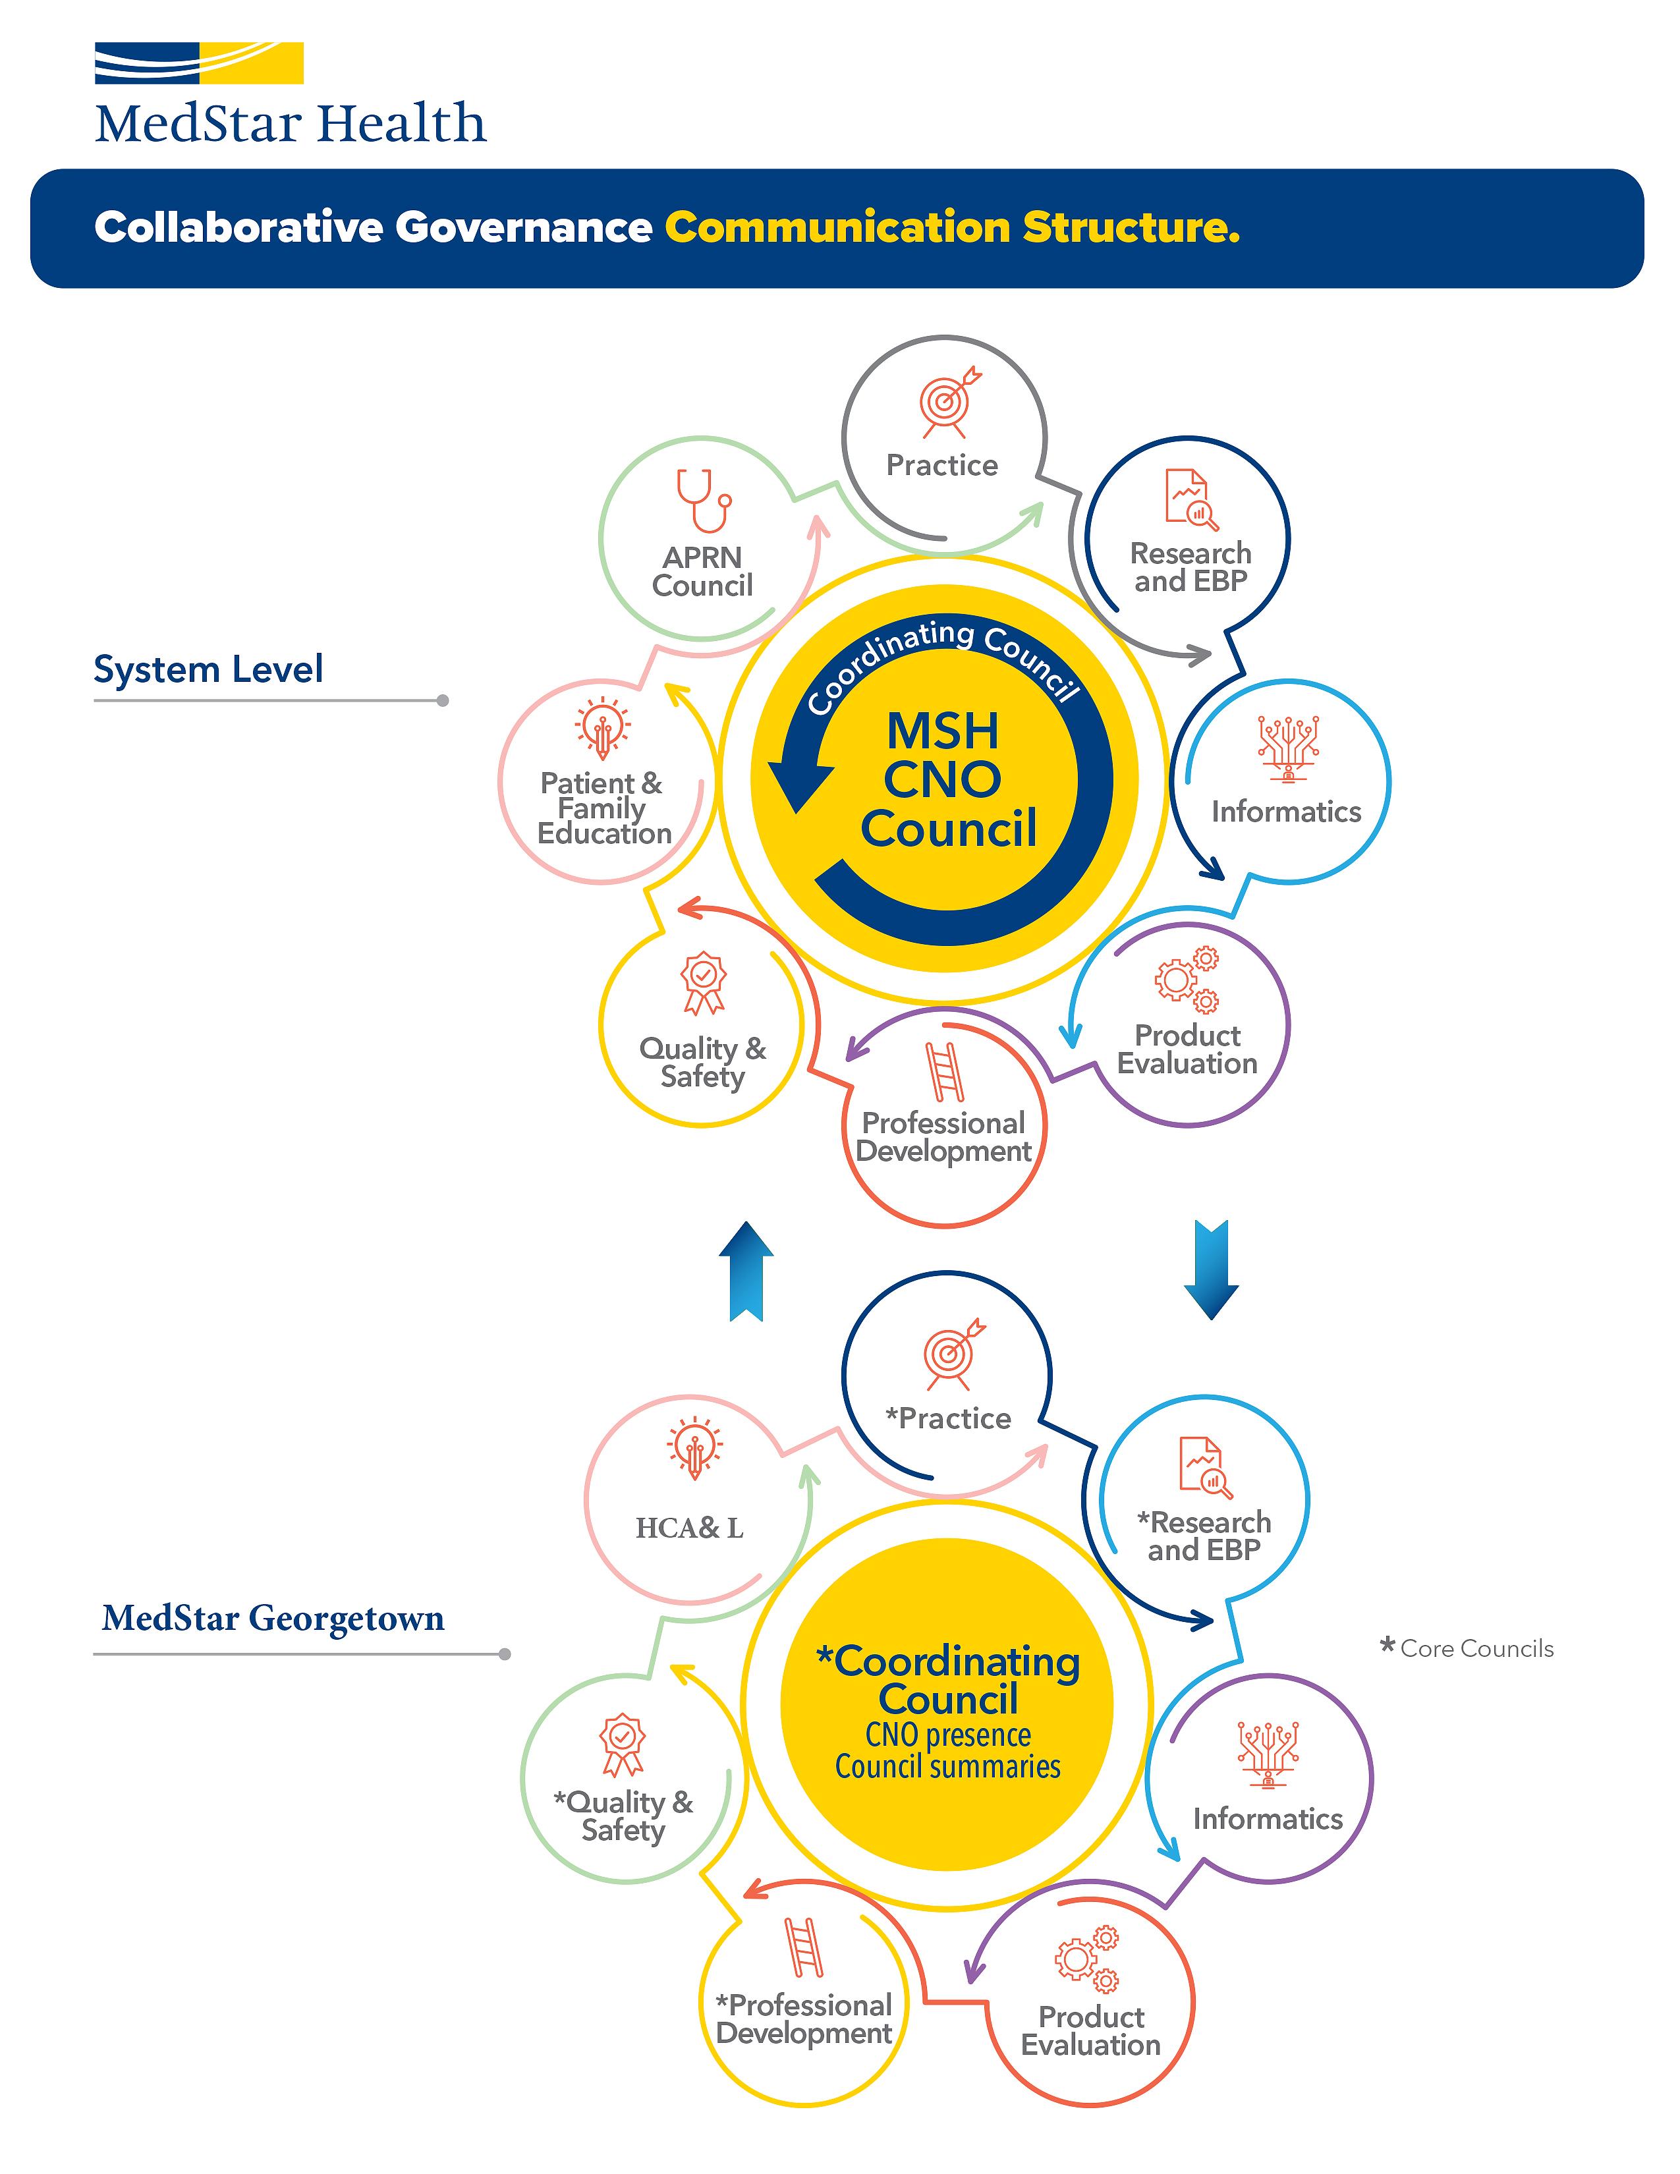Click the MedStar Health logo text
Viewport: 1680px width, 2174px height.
point(291,123)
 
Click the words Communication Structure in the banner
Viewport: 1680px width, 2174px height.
point(953,228)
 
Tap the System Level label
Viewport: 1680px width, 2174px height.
point(208,669)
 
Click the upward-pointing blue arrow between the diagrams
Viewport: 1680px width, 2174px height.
point(746,1271)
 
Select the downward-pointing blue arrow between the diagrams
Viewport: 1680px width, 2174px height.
point(1211,1270)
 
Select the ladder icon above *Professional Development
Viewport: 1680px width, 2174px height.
point(804,1947)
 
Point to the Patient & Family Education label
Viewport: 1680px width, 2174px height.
point(603,808)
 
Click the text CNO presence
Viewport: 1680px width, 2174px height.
point(947,1735)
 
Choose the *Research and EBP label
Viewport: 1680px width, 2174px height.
point(1204,1536)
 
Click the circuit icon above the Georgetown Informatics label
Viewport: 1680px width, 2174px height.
point(1268,1754)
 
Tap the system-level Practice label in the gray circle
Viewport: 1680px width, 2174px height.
point(941,465)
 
